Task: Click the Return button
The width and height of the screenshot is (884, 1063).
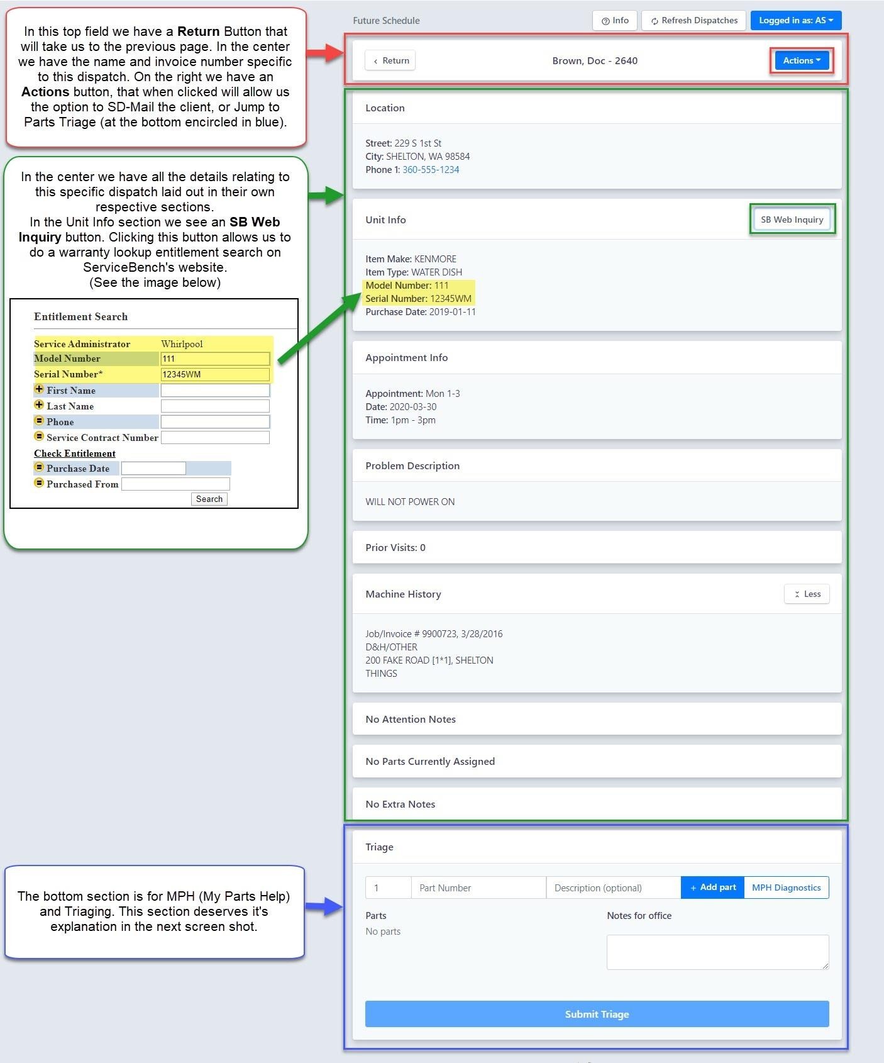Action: click(390, 60)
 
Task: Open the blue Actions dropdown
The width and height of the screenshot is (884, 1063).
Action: click(802, 60)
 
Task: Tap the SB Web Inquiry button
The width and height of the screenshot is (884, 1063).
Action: click(792, 220)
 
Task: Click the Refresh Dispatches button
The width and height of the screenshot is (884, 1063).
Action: click(694, 20)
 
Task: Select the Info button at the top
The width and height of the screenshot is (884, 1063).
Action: click(615, 20)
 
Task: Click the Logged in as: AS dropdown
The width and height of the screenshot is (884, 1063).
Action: click(796, 20)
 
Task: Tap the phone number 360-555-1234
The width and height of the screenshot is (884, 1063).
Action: click(431, 170)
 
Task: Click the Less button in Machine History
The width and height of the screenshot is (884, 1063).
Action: click(807, 594)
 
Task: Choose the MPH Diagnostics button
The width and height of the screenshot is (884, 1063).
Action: click(786, 888)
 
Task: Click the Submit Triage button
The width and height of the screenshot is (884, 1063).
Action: click(597, 1014)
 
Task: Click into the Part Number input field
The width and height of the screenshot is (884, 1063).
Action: click(478, 888)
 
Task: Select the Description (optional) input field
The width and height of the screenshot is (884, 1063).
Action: click(614, 888)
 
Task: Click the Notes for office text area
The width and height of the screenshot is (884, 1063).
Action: click(717, 952)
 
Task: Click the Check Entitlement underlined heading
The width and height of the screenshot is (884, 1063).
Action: click(75, 454)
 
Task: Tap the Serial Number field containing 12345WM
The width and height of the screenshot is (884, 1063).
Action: click(215, 374)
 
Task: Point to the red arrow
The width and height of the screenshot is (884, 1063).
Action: click(326, 53)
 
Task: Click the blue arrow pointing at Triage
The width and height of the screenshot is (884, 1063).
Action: click(324, 906)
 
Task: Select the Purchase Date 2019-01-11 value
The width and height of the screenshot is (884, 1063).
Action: click(453, 312)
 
